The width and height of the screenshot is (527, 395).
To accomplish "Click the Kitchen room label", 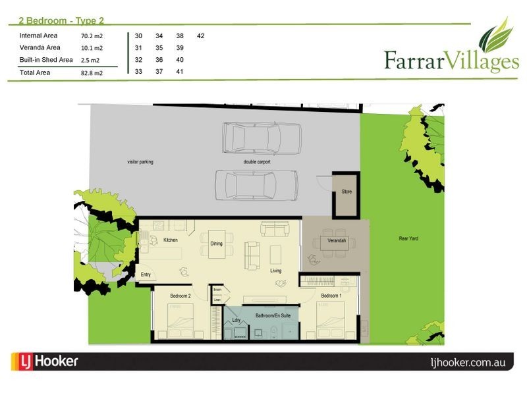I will (x=171, y=240).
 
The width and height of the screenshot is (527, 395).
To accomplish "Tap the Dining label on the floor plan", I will (x=217, y=244).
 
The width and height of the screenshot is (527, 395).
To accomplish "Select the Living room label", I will (x=276, y=271).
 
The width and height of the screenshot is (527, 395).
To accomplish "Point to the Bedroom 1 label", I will (x=331, y=296).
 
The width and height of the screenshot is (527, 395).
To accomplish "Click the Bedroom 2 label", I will (x=180, y=296).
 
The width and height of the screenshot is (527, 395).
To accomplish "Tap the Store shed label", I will (x=347, y=192).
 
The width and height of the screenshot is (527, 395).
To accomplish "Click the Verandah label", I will (x=337, y=241).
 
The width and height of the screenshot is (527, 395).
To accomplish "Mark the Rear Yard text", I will (x=408, y=238).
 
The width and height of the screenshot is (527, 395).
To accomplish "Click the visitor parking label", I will (x=140, y=161).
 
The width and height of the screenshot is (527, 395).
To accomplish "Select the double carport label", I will (x=256, y=161).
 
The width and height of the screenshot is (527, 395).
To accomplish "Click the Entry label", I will (x=146, y=275).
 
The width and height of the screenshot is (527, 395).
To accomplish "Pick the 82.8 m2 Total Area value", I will (x=92, y=73).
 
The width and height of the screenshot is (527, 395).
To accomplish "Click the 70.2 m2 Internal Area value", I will (x=92, y=36).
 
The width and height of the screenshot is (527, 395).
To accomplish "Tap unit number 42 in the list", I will (x=201, y=36).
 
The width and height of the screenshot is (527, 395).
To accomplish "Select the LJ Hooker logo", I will (x=45, y=361).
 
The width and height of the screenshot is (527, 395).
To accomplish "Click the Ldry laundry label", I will (x=236, y=320).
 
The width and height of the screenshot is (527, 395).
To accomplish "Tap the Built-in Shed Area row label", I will (x=46, y=60).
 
